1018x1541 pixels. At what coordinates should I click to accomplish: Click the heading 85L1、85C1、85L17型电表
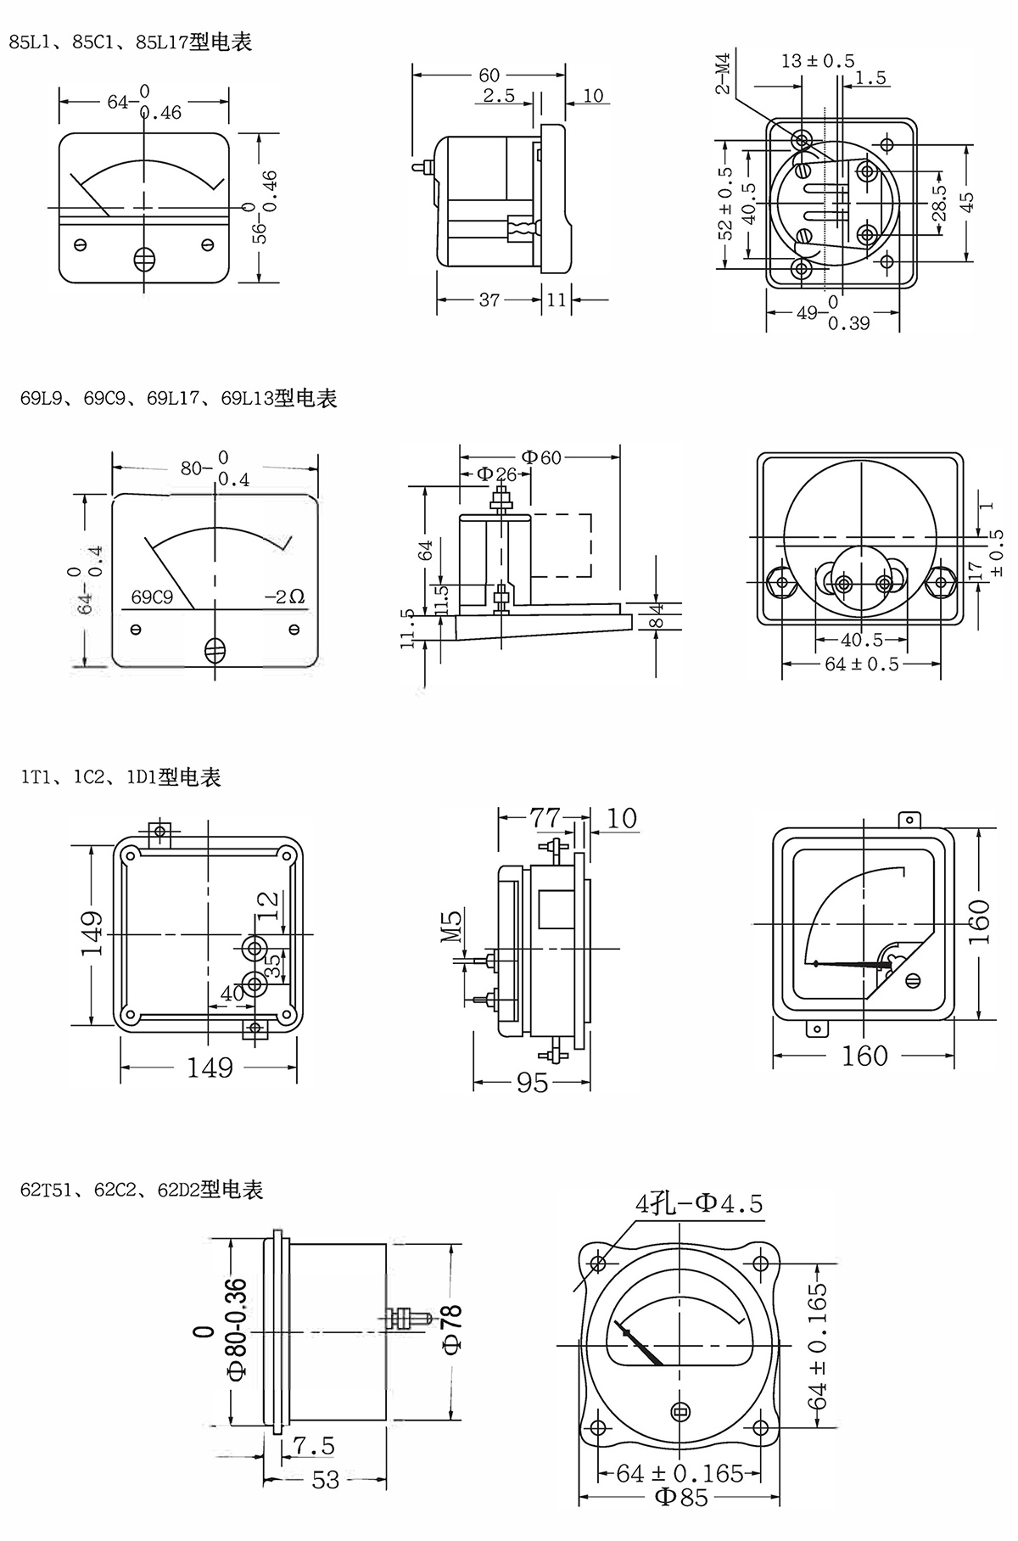point(131,42)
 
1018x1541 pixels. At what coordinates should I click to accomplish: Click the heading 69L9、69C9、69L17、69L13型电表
point(179,398)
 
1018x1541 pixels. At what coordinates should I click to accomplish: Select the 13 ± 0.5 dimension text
point(818,61)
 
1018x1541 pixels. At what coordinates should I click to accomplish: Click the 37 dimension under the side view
point(489,300)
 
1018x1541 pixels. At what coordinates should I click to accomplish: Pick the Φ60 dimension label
point(540,457)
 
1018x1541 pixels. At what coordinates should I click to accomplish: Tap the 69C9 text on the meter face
point(152,597)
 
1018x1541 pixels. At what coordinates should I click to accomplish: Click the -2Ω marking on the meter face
point(284,597)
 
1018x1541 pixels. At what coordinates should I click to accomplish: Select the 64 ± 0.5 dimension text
point(861,664)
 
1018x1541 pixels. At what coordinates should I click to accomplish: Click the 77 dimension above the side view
point(545,817)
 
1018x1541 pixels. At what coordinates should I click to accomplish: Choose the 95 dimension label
point(532,1083)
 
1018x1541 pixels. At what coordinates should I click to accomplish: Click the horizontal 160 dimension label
point(864,1056)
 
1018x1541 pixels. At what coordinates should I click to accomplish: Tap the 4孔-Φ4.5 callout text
point(699,1202)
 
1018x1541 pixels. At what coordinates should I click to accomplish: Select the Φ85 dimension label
point(680,1520)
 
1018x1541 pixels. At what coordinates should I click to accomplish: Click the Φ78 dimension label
point(451,1329)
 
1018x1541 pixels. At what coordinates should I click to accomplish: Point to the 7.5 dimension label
point(314,1444)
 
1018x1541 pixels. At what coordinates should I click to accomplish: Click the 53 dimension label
point(325,1480)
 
